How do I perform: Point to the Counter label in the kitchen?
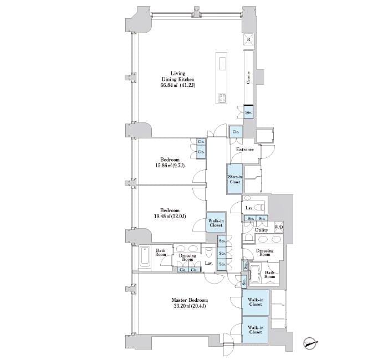[x=248, y=78]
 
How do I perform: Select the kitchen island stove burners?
[x=222, y=99]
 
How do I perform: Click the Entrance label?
[x=245, y=150]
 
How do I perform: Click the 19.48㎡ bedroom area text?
[x=169, y=217]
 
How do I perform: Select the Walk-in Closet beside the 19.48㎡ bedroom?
[x=216, y=223]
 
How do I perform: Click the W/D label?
[x=278, y=227]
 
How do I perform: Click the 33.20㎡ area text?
[x=183, y=306]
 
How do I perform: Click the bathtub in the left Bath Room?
[x=145, y=258]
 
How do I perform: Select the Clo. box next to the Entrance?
[x=236, y=132]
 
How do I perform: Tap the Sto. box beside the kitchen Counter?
[x=248, y=112]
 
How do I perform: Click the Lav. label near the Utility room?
[x=250, y=208]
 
